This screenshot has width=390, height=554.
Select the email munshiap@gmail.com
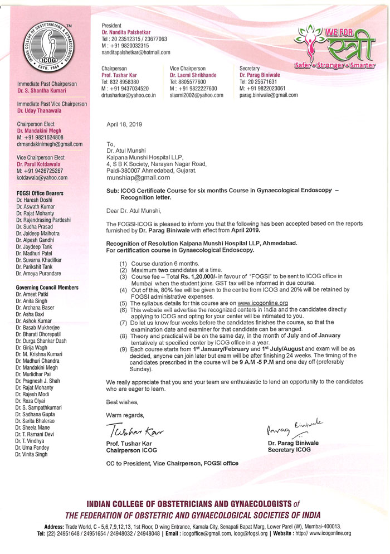[x=138, y=178]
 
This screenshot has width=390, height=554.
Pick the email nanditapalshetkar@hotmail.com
[x=135, y=52]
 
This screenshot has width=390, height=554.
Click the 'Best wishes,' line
[x=121, y=402]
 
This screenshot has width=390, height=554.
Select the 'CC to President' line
[x=172, y=463]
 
